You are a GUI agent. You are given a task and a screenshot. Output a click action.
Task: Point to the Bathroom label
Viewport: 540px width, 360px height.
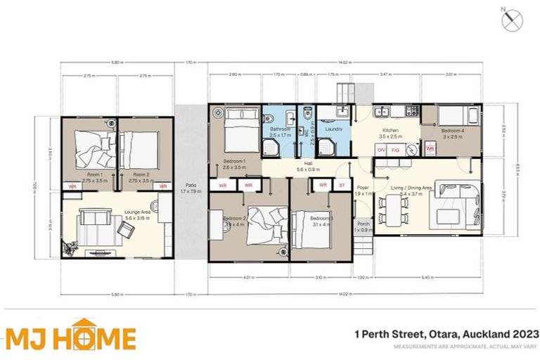(281, 129)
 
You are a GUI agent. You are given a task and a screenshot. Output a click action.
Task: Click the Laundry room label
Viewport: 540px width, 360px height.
(333, 129)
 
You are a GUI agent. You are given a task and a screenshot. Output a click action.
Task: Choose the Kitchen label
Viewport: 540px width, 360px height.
(390, 131)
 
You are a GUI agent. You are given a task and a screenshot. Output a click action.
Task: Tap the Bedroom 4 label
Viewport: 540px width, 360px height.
(452, 131)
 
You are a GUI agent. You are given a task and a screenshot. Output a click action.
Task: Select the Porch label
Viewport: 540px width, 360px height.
(363, 226)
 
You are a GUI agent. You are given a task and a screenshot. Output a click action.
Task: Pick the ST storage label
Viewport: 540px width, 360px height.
(342, 185)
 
